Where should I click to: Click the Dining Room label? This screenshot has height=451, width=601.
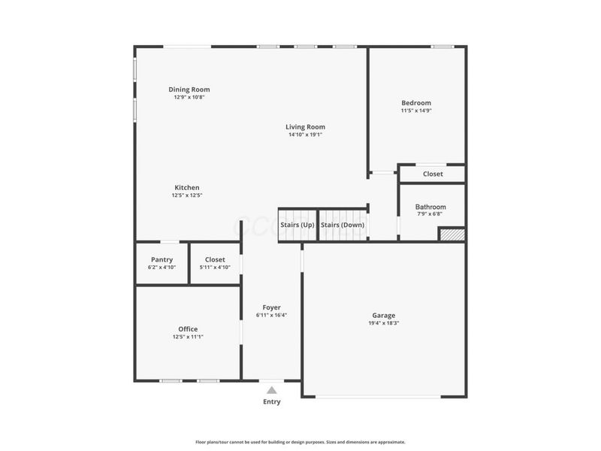[189, 89]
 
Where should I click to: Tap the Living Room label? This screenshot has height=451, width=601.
[305, 127]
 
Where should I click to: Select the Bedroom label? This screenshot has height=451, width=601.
[415, 103]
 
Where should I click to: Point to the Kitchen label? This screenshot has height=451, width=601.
[187, 187]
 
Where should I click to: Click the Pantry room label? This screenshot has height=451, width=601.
[162, 259]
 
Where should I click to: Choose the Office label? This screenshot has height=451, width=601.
[188, 329]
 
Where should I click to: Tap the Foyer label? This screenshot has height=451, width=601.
[271, 307]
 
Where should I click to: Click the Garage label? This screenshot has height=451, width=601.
[383, 316]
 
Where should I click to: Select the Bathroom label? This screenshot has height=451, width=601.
[430, 207]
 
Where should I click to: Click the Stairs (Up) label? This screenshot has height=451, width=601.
[297, 225]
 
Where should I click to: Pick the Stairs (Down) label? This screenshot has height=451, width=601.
[343, 225]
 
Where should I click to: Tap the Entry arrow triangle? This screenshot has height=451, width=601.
[271, 389]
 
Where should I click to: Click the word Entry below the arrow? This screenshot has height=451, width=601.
[271, 402]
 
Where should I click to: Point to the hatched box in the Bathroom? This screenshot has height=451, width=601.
[452, 235]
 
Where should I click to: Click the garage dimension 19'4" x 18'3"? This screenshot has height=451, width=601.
[383, 323]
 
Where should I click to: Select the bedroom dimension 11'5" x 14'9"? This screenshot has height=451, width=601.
[415, 110]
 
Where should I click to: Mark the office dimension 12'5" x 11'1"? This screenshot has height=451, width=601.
[188, 337]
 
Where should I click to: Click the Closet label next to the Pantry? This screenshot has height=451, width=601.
[215, 259]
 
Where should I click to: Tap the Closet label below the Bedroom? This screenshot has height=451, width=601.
[433, 174]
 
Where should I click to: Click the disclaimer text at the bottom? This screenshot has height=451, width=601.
[300, 442]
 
